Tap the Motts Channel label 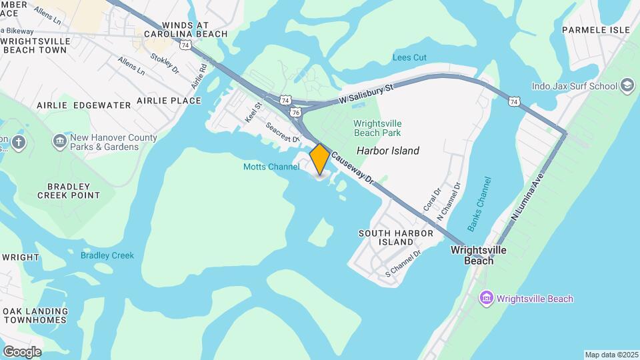coord(271,167)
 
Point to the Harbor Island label coord(388,151)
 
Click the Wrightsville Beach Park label coord(387,129)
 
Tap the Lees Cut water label coord(410,58)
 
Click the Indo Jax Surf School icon coord(627,85)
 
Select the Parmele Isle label coord(596,30)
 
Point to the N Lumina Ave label coord(528,198)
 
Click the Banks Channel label coord(479,204)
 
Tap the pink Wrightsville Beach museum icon coord(486,298)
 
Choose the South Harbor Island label coord(396,237)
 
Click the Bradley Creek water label coord(107,255)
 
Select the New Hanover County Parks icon coord(59,141)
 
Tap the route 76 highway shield coord(294,114)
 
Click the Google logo coord(22,352)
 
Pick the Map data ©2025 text coord(611,355)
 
